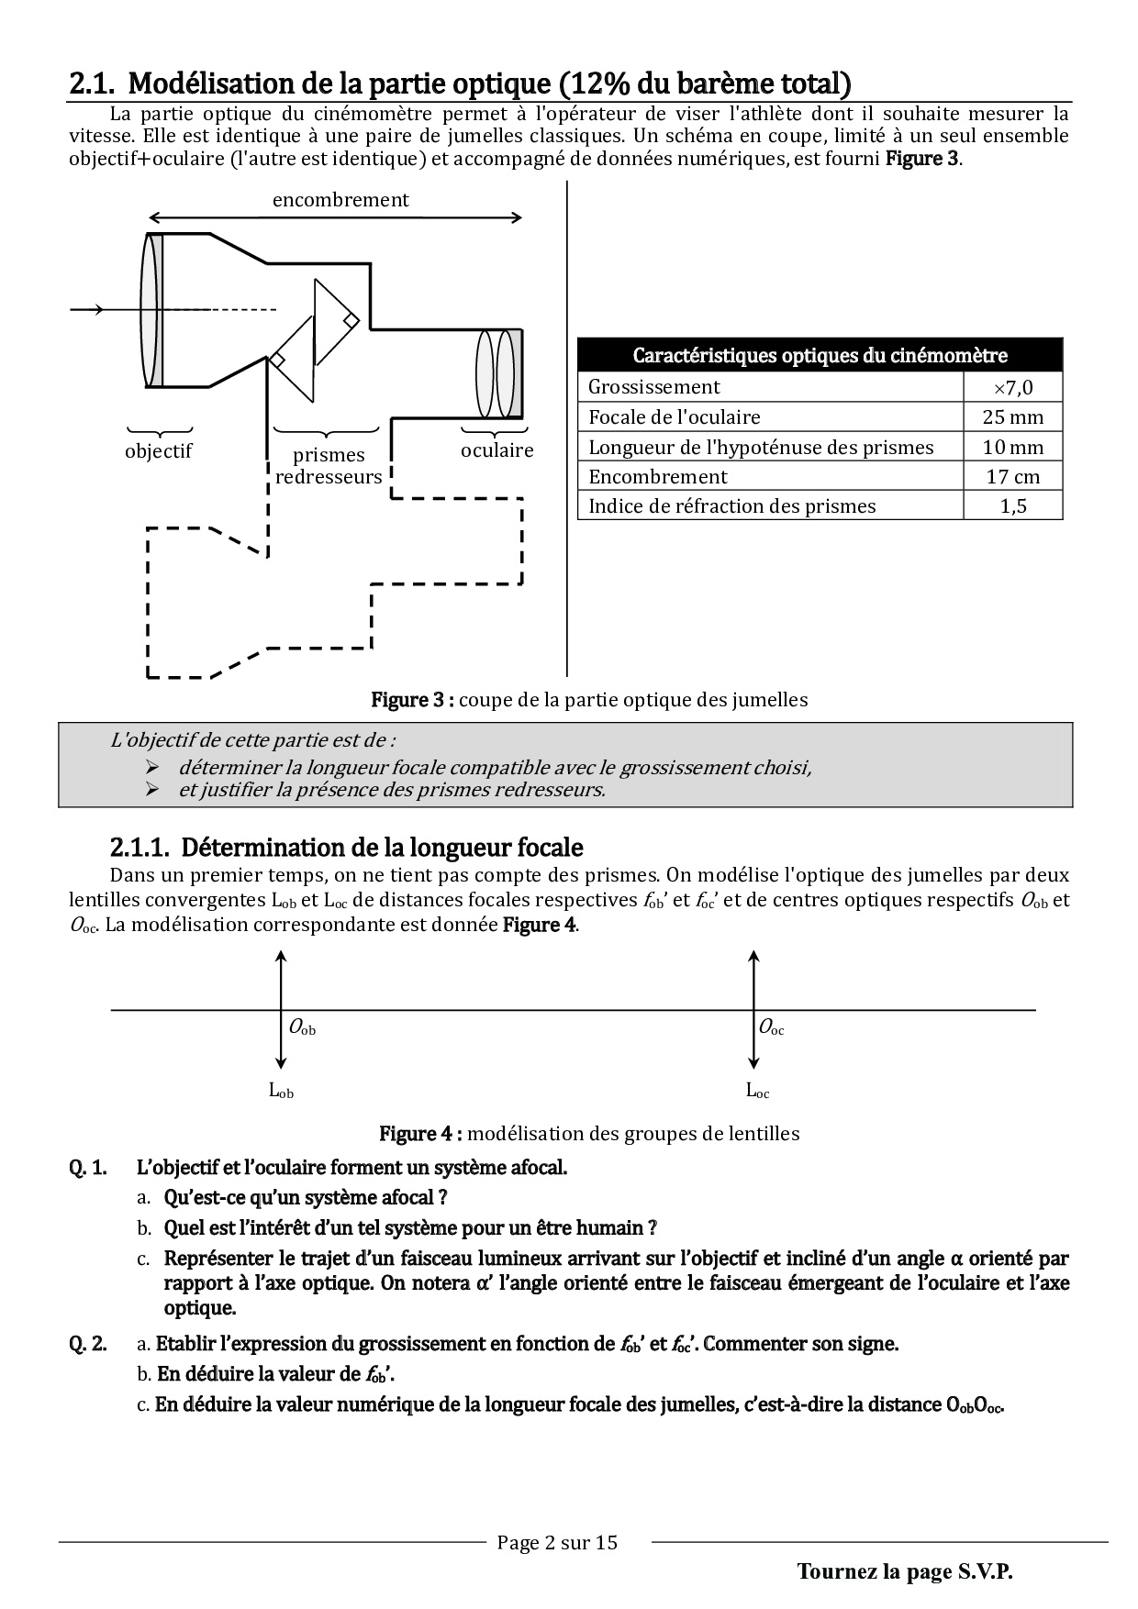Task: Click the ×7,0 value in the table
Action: tap(1013, 387)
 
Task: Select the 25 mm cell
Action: tap(1013, 417)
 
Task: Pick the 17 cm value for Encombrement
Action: tap(1013, 477)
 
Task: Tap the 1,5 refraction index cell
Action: tap(1013, 506)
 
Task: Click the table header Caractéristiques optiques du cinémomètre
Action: tap(820, 355)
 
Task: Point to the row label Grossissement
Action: tap(654, 387)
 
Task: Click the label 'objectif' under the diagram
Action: tap(159, 451)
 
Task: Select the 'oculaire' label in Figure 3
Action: tap(496, 450)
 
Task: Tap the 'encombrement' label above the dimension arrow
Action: tap(340, 200)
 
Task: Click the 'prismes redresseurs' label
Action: tap(329, 466)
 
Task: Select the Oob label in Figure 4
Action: tap(302, 1028)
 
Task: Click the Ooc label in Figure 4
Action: tap(771, 1028)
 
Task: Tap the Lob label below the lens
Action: tap(281, 1091)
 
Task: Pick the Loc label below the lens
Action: tap(757, 1091)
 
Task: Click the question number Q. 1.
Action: tap(87, 1168)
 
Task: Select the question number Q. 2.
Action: tap(87, 1344)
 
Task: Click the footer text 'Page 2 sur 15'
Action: tap(557, 1542)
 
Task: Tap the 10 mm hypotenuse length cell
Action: tap(1013, 448)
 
